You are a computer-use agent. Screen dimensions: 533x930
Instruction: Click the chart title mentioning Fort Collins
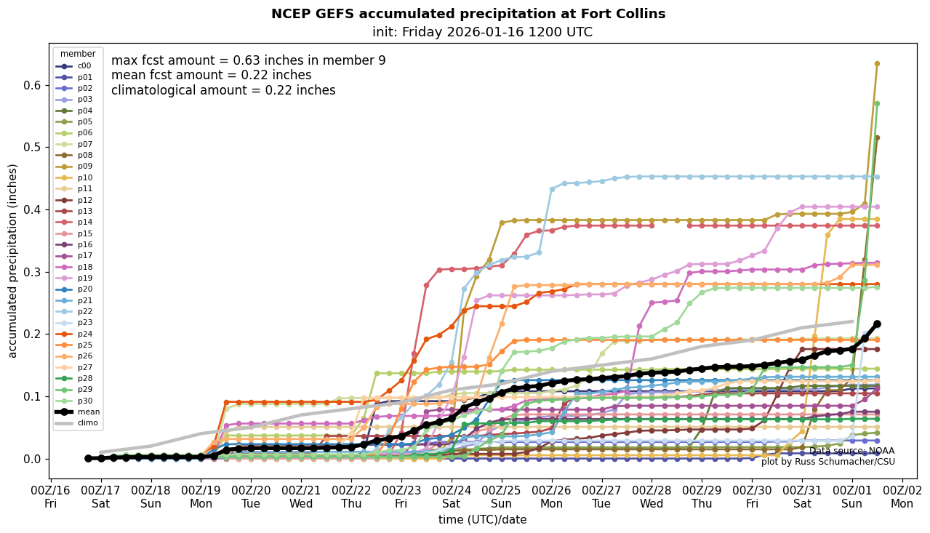(x=468, y=14)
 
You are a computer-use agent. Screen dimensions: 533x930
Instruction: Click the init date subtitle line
(x=482, y=32)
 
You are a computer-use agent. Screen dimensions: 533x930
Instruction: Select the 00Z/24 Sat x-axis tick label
(x=452, y=497)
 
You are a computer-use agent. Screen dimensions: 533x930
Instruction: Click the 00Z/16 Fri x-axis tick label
(x=50, y=497)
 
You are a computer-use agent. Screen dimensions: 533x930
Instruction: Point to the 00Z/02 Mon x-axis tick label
(x=902, y=497)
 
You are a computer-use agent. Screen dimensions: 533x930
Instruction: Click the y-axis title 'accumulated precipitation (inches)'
(x=12, y=260)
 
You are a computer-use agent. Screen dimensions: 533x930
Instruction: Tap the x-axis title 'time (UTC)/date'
(x=482, y=520)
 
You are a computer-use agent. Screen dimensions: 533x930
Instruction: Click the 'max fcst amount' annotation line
(x=248, y=60)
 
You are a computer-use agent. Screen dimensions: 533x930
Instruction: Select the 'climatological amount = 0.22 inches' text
(x=223, y=90)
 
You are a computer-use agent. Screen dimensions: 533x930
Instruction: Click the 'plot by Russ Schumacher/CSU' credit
(x=827, y=462)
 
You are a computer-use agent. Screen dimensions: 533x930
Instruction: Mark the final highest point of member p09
(x=877, y=64)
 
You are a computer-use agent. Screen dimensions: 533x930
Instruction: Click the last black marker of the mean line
(x=877, y=324)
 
